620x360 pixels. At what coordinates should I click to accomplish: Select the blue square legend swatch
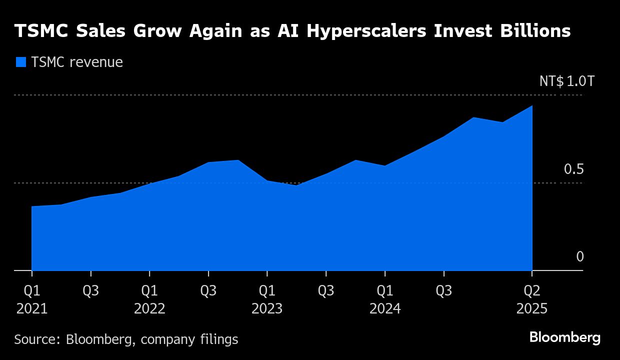20,62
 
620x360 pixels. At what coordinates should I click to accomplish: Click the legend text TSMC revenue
76,62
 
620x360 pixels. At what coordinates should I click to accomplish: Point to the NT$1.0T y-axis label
566,81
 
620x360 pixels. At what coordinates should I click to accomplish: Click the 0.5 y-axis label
573,169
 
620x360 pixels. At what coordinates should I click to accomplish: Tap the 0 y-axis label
579,257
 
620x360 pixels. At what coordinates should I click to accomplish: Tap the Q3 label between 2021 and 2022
90,290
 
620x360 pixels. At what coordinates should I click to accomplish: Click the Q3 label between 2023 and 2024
326,290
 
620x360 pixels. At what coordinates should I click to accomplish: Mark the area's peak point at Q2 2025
532,106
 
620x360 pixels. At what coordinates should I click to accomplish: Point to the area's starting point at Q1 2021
32,206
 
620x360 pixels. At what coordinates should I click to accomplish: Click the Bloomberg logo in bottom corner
565,337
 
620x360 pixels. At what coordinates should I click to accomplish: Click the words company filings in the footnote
189,339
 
